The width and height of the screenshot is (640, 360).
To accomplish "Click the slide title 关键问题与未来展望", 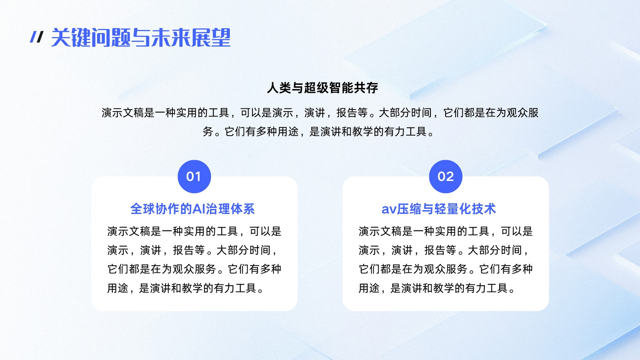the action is coord(141,38).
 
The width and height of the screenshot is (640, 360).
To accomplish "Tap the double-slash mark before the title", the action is coord(36,37).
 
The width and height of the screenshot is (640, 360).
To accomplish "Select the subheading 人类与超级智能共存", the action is coord(322,88).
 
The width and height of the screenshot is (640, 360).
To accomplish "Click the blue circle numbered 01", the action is coord(194,176).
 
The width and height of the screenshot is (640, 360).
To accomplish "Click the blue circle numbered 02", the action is coord(446,176).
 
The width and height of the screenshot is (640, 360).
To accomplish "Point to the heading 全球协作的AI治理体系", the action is coord(192,209).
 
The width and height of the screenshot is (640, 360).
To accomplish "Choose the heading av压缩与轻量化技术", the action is coord(439,209).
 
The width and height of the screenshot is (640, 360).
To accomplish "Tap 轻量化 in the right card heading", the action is coord(452,209).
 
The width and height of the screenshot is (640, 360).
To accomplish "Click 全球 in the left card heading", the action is coord(142,209).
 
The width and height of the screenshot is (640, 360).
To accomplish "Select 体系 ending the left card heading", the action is coord(242,209).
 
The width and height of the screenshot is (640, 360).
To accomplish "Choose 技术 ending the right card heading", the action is coord(484,209).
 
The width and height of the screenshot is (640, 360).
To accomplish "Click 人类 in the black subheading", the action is coord(279,88).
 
